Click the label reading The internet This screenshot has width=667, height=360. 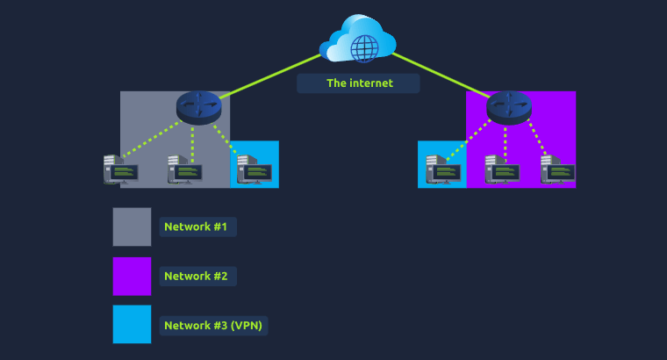[x=359, y=83]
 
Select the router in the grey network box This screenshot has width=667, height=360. [x=198, y=106]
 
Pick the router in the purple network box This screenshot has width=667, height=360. [x=508, y=106]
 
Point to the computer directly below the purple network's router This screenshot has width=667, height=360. [x=501, y=169]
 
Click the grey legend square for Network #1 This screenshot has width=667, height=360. [x=132, y=227]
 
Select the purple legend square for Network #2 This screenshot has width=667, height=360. [x=132, y=276]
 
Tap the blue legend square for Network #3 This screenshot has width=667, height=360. [x=132, y=324]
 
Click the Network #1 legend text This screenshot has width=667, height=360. [x=196, y=227]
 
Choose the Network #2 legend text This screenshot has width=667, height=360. [x=196, y=277]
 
